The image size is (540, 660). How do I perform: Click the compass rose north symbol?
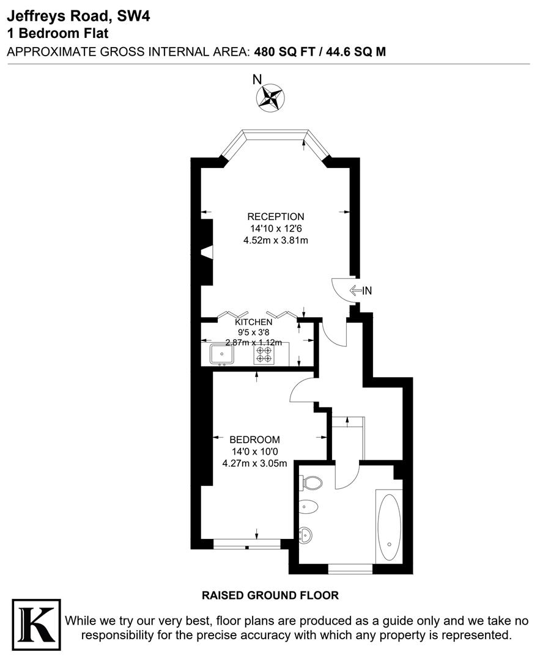[270, 98]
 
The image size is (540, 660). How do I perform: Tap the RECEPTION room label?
[275, 216]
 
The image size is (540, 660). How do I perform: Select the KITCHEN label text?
[254, 322]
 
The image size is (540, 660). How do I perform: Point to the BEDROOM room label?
[254, 439]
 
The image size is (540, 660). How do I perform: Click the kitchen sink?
[221, 353]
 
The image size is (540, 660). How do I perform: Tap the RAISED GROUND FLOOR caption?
[270, 595]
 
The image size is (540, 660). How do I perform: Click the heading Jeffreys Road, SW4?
[78, 16]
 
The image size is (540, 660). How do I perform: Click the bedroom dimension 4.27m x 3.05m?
[254, 463]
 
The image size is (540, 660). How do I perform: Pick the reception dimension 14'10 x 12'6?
[275, 229]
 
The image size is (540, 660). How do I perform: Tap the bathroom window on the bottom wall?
[350, 569]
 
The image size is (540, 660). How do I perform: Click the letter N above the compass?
[257, 79]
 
